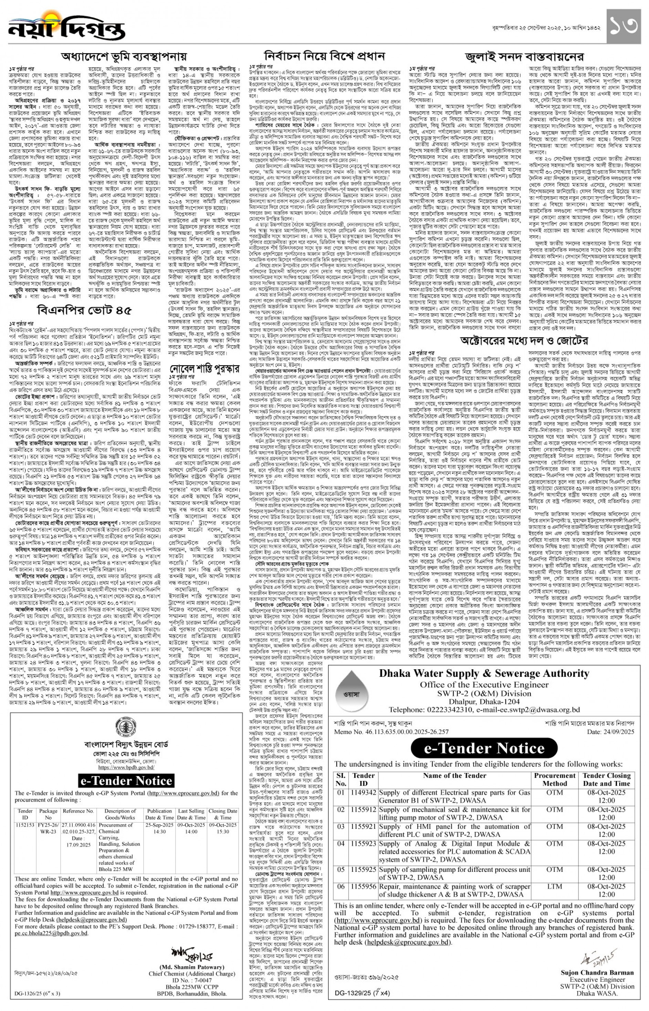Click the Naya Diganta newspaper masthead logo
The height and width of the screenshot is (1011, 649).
[x=66, y=28]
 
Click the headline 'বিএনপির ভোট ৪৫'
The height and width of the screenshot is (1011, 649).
[x=84, y=311]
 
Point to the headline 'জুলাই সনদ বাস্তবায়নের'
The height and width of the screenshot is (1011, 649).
[x=524, y=57]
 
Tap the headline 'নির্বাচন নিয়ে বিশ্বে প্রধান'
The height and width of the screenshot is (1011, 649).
[x=324, y=56]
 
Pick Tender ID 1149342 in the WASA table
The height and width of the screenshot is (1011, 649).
[x=363, y=792]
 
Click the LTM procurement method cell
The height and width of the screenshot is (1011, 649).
[x=554, y=886]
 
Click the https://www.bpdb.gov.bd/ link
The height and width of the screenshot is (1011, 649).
[x=126, y=767]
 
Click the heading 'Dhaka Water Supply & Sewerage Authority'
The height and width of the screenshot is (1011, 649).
[x=484, y=673]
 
